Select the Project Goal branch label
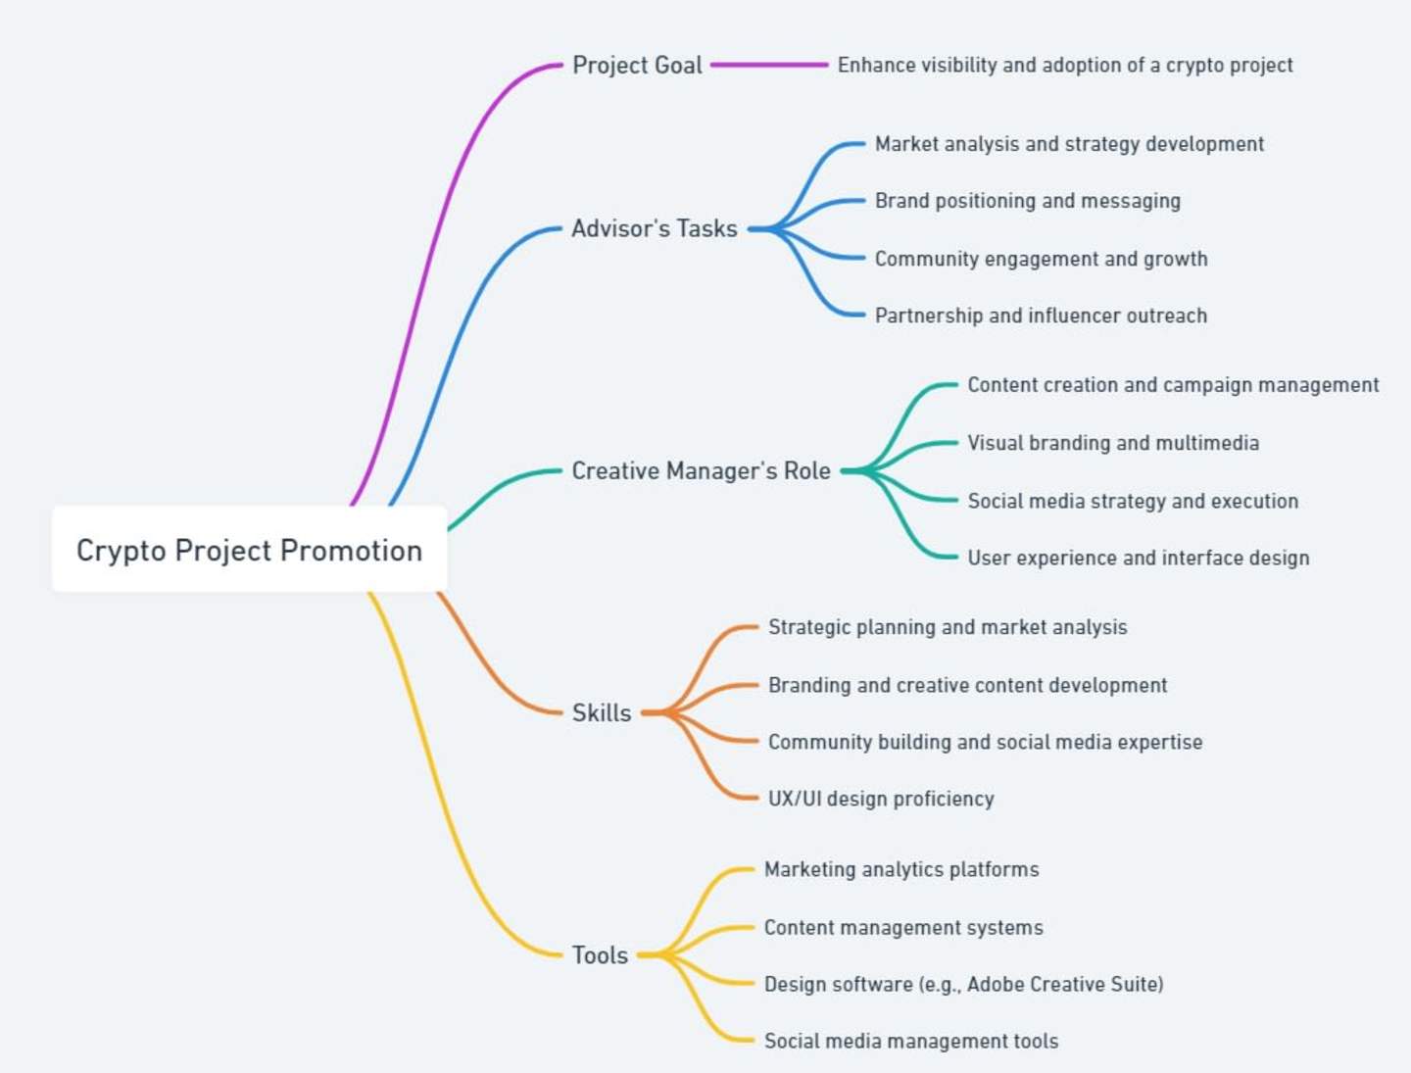coord(637,65)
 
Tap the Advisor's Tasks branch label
coord(655,228)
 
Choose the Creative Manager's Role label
coord(701,470)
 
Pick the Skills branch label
coord(602,713)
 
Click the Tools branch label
coord(600,955)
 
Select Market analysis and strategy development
coord(1069,144)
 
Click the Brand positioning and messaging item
coord(1027,201)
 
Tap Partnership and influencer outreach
coord(1041,316)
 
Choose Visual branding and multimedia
coord(1113,443)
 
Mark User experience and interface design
coord(1138,558)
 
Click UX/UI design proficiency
coord(881,799)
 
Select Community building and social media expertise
coord(985,742)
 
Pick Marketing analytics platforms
coord(901,870)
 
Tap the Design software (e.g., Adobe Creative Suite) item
coord(963,984)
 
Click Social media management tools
coord(911,1041)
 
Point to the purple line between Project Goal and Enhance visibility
coord(769,65)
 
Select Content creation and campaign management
coord(1173,385)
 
